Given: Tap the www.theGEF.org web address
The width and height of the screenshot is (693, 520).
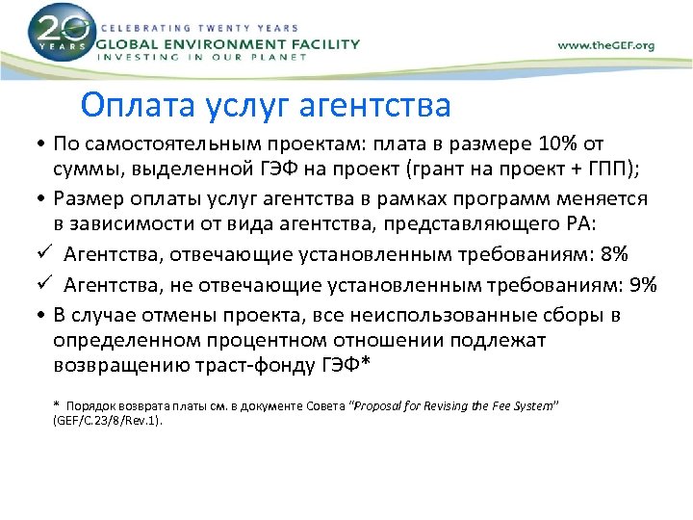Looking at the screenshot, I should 606,45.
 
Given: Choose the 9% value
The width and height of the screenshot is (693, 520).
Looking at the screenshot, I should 638,284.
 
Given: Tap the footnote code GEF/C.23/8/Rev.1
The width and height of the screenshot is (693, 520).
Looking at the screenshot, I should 108,421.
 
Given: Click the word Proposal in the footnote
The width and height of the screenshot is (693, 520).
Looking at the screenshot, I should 383,405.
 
